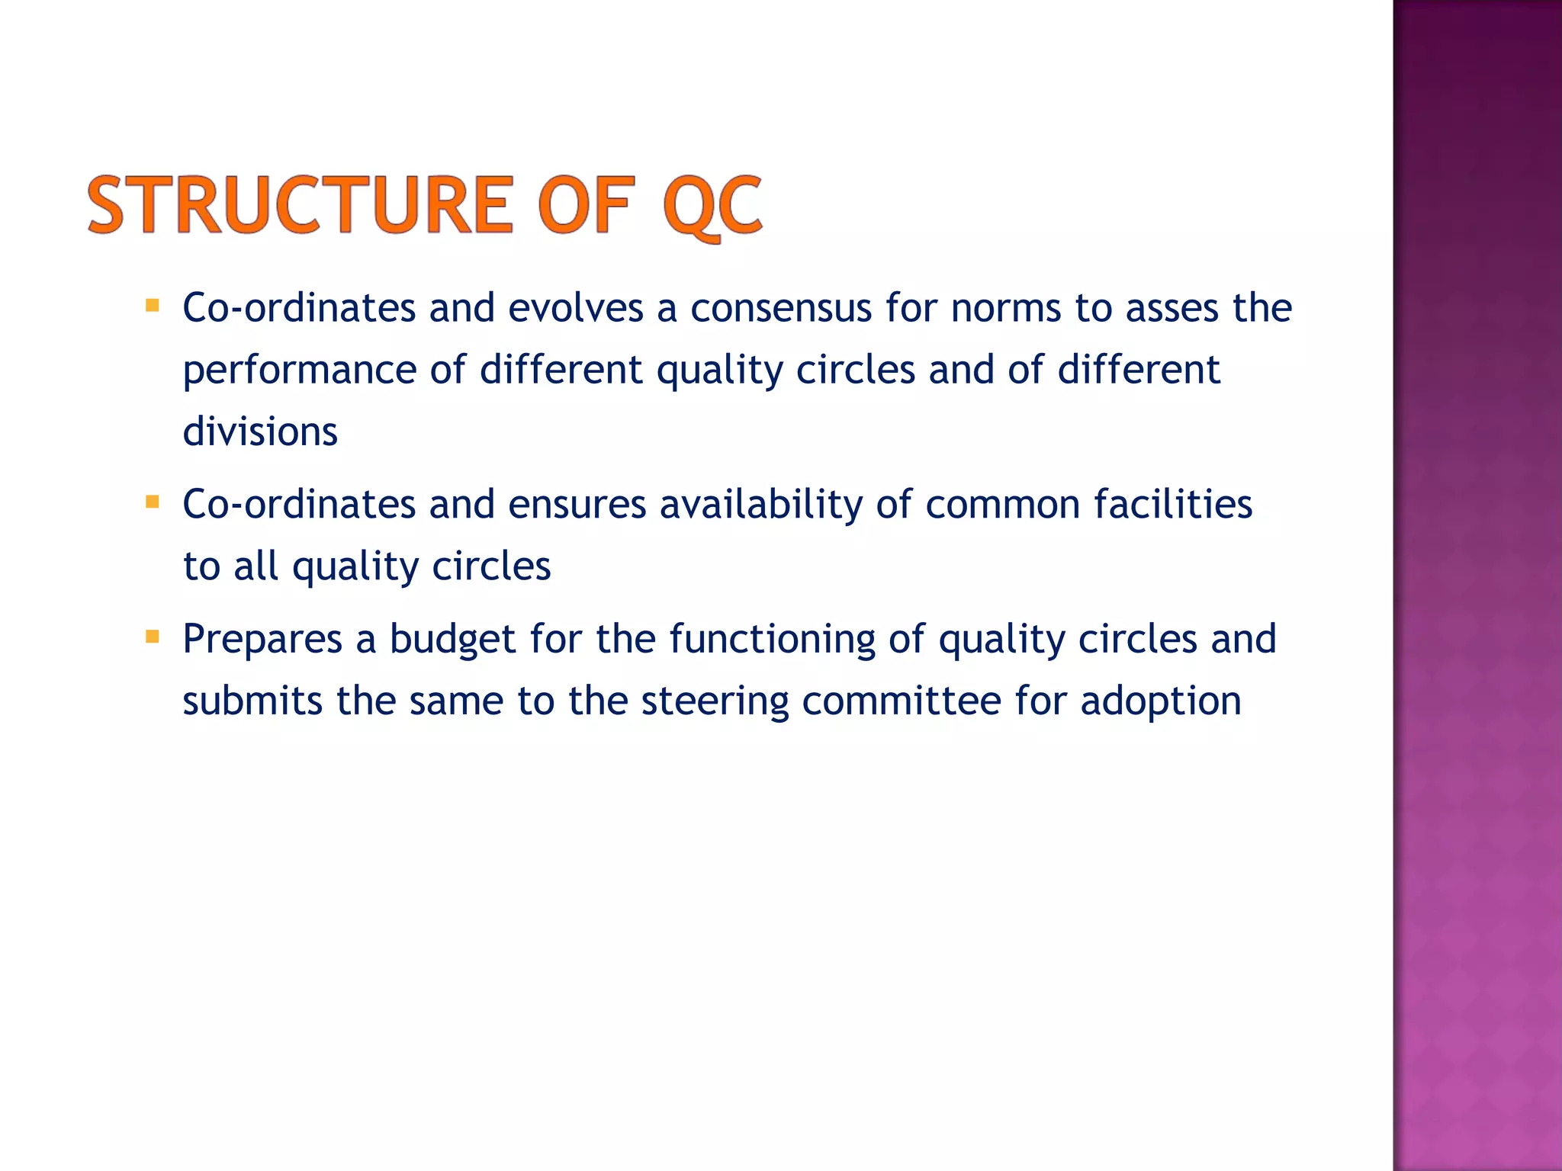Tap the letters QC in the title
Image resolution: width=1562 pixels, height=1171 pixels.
(711, 206)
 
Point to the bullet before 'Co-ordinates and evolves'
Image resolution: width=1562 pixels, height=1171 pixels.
(153, 306)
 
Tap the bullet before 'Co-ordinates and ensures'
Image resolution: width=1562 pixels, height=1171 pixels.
(153, 502)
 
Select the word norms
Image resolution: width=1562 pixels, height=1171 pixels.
(1006, 308)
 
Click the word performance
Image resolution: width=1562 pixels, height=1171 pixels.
(299, 371)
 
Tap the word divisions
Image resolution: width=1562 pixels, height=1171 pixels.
(259, 432)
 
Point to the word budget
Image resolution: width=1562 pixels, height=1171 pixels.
(452, 640)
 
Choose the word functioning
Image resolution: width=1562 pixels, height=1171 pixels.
(772, 640)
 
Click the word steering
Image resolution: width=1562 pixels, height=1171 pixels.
(714, 702)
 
